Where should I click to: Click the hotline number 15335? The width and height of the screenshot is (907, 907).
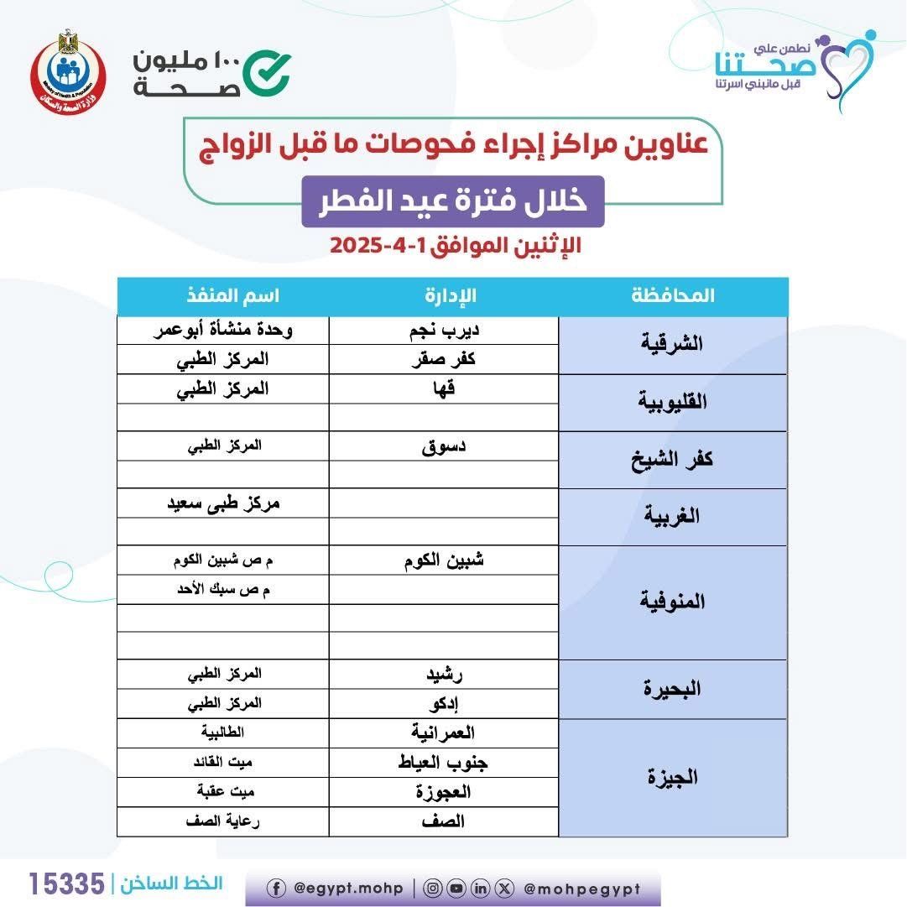click(x=67, y=883)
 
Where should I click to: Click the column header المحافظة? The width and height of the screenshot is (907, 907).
click(x=672, y=295)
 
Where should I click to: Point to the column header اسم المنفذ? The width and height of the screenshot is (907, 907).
click(x=222, y=295)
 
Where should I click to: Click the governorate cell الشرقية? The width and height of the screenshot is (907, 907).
click(x=672, y=344)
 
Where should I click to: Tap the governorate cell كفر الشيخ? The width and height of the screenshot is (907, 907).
click(x=672, y=459)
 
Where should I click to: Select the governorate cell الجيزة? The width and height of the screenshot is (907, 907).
click(x=672, y=777)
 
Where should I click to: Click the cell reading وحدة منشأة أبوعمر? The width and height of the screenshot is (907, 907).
click(x=222, y=330)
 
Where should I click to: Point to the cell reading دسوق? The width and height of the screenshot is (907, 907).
click(x=444, y=446)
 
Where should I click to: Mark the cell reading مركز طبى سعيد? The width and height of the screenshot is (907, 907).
click(x=222, y=503)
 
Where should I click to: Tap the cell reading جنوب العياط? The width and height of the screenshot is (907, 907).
click(x=443, y=763)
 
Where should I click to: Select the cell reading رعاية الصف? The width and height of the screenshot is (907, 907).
click(x=222, y=821)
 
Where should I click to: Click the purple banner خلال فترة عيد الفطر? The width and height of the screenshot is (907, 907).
click(x=453, y=202)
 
